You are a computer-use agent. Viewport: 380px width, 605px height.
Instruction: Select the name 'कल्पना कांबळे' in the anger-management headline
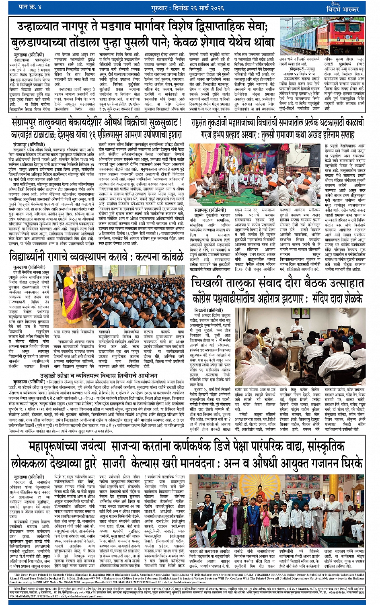(160, 257)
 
